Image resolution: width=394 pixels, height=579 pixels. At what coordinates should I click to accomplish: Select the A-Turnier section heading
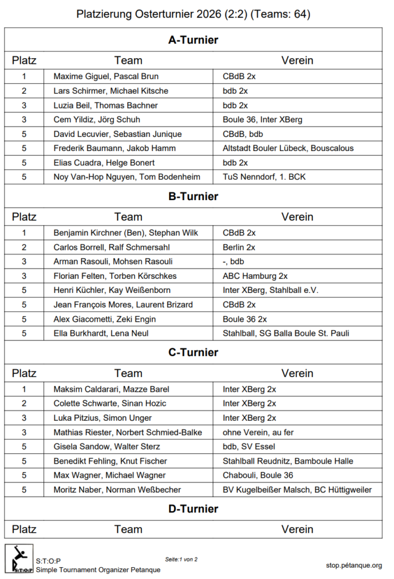(x=193, y=40)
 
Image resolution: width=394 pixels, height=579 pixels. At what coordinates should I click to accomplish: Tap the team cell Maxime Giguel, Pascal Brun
(x=106, y=76)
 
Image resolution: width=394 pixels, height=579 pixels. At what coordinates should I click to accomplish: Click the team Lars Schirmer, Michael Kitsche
(x=111, y=91)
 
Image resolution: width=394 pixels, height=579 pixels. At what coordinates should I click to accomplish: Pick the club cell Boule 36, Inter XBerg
(x=262, y=120)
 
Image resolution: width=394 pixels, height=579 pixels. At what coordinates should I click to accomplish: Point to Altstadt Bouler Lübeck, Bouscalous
(x=288, y=148)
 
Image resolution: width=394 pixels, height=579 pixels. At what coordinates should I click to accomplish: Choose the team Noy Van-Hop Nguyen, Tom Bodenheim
(x=127, y=177)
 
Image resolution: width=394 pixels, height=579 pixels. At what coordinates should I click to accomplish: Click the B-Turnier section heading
(x=193, y=197)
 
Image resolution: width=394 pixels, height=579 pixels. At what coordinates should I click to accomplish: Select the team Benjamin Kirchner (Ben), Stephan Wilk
(x=125, y=232)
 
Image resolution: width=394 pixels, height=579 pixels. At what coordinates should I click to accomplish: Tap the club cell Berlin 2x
(x=239, y=247)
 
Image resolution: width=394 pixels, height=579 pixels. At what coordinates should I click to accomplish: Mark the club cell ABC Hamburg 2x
(x=255, y=276)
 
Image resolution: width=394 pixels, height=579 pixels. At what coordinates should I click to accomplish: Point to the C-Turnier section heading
(x=193, y=353)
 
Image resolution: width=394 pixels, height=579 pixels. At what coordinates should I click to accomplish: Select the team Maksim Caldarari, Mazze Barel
(x=111, y=389)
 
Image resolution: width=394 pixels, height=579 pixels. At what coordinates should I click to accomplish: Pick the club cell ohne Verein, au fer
(x=258, y=433)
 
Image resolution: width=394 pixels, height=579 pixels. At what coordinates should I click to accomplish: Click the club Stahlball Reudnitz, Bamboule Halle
(x=287, y=461)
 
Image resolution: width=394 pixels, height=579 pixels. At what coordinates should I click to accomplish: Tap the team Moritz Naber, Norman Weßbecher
(x=117, y=490)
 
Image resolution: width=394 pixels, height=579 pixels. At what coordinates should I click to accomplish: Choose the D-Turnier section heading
(x=193, y=509)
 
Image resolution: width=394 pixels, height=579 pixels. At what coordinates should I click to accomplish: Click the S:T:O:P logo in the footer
(x=19, y=559)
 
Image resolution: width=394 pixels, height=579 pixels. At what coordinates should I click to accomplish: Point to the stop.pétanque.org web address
(x=354, y=565)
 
